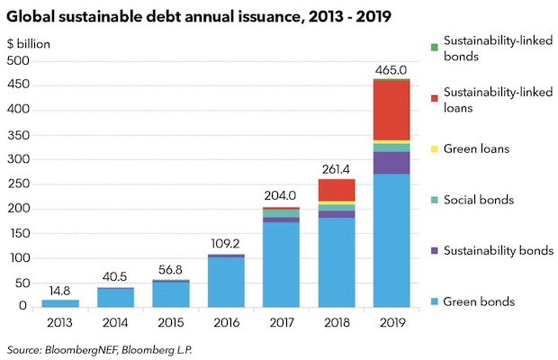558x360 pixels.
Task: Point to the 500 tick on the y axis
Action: [x=18, y=60]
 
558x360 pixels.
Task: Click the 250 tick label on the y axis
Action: [x=18, y=184]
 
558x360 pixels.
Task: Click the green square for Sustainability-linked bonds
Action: [x=434, y=47]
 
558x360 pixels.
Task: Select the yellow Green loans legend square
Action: [x=434, y=148]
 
